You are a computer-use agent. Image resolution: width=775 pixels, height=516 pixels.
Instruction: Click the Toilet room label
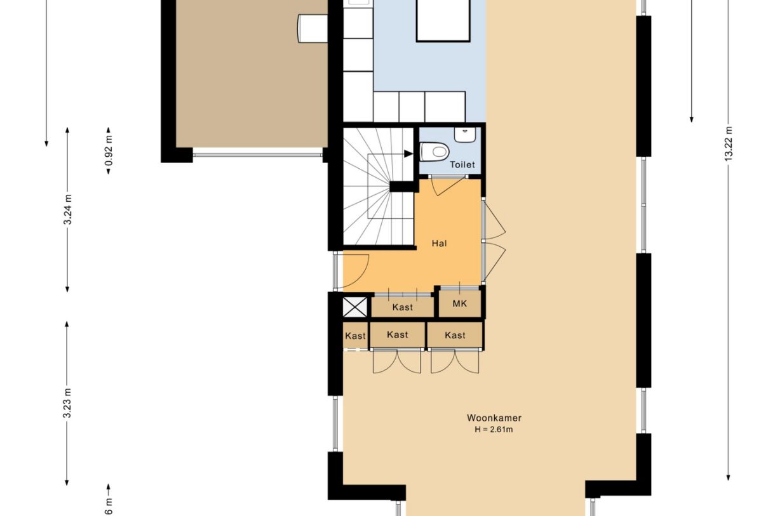pyautogui.click(x=462, y=164)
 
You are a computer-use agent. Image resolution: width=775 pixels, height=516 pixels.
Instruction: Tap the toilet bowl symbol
pyautogui.click(x=435, y=151)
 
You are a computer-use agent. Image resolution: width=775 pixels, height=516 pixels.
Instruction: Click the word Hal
pyautogui.click(x=438, y=243)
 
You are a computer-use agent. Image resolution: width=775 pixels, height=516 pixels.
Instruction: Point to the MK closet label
pyautogui.click(x=460, y=304)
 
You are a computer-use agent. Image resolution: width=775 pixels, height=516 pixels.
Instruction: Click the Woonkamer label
pyautogui.click(x=494, y=418)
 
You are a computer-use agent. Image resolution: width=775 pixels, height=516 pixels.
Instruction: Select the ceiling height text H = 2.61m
pyautogui.click(x=494, y=430)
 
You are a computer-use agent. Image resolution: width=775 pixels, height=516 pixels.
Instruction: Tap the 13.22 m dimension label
pyautogui.click(x=728, y=145)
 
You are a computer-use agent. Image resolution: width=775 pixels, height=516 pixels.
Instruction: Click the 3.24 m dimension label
pyautogui.click(x=68, y=209)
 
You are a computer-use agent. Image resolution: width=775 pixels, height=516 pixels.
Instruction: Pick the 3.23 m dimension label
pyautogui.click(x=67, y=402)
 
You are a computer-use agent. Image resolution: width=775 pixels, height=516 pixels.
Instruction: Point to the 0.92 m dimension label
pyautogui.click(x=109, y=152)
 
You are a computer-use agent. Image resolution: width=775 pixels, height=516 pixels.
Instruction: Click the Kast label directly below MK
pyautogui.click(x=454, y=335)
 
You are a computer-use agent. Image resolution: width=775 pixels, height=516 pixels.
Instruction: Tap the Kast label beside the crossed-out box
pyautogui.click(x=402, y=307)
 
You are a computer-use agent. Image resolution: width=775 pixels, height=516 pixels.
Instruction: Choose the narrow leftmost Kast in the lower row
pyautogui.click(x=355, y=336)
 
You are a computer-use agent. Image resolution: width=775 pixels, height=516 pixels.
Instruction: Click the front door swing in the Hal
pyautogui.click(x=357, y=267)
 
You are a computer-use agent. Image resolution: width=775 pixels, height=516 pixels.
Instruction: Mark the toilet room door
pyautogui.click(x=446, y=185)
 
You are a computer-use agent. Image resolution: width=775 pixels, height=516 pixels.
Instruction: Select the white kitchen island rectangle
pyautogui.click(x=442, y=20)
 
